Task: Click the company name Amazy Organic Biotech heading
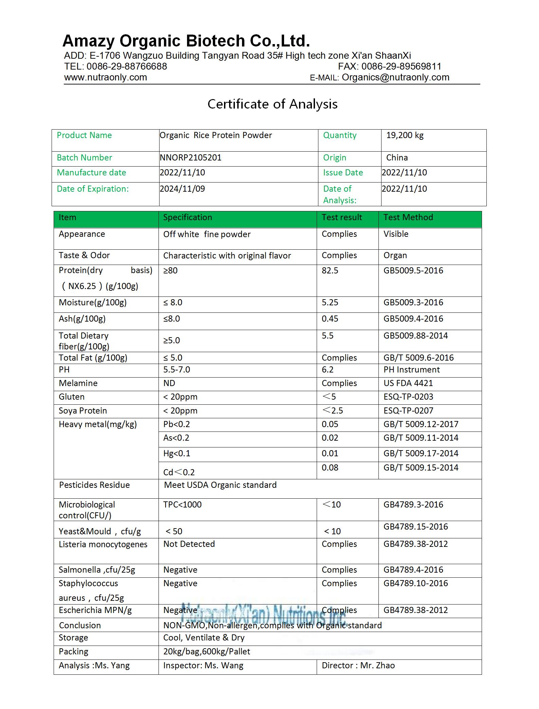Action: click(x=186, y=41)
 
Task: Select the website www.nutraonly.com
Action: click(x=106, y=77)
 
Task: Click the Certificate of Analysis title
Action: click(x=272, y=104)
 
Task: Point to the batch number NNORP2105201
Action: click(x=190, y=158)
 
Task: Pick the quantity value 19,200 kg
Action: click(x=405, y=135)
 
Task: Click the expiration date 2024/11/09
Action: click(x=182, y=189)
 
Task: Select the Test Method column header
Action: click(x=408, y=217)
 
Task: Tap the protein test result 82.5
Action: click(x=330, y=271)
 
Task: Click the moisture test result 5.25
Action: click(x=330, y=303)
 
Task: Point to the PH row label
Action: click(x=64, y=370)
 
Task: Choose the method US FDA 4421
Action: click(x=408, y=383)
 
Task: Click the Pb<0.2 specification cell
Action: click(x=176, y=424)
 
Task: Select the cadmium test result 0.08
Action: click(x=330, y=468)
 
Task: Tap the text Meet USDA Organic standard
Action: click(x=220, y=485)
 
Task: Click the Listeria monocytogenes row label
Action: click(x=103, y=544)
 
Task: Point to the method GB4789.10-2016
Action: click(x=415, y=583)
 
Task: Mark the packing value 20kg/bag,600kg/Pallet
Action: click(x=206, y=652)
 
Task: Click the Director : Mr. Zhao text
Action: click(x=358, y=666)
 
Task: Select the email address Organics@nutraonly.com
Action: click(x=395, y=77)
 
